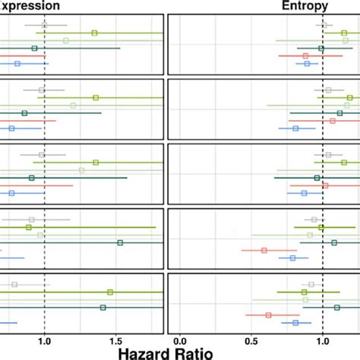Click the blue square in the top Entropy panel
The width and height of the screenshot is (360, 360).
tap(307, 64)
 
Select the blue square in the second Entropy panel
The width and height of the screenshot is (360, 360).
tap(295, 128)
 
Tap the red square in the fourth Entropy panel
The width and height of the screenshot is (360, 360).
tap(264, 250)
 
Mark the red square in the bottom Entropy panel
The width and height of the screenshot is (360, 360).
tap(268, 314)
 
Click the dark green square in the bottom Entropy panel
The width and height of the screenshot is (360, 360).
tap(336, 308)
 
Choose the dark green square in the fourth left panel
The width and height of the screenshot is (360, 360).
tap(120, 242)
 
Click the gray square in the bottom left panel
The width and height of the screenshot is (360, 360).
tap(14, 285)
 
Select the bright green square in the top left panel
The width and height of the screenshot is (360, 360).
tap(94, 33)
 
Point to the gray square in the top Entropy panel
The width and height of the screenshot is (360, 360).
tap(324, 25)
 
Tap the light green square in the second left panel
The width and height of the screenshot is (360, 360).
tap(73, 106)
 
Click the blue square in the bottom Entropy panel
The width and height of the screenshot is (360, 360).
tap(295, 323)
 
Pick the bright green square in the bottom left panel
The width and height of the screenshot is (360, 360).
tap(110, 292)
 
